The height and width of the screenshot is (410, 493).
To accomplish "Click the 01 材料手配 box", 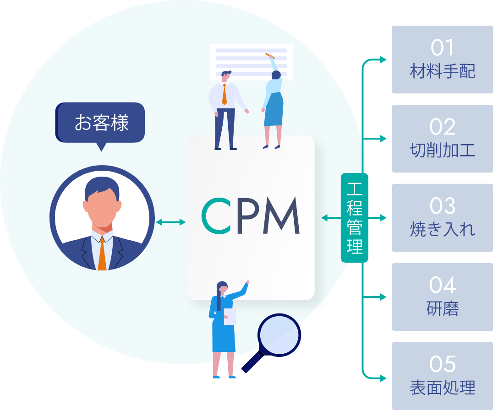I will click(442, 60).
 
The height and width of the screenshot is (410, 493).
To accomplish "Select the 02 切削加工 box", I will click(442, 139).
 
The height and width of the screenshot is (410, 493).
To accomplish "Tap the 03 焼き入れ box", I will click(442, 218).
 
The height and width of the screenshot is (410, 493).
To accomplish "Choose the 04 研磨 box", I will click(442, 297).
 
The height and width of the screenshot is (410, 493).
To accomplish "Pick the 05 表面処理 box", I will click(442, 376).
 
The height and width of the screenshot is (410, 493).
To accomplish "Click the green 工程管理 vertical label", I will click(355, 218).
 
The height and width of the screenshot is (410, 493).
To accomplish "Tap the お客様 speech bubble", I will click(100, 123).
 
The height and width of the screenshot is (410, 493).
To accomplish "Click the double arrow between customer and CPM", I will click(170, 222).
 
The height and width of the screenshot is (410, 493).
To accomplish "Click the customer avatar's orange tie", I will click(102, 254).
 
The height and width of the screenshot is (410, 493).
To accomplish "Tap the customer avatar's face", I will click(102, 208).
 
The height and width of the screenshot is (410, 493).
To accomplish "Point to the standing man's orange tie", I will click(224, 94).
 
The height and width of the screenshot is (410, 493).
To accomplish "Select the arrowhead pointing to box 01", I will click(384, 59).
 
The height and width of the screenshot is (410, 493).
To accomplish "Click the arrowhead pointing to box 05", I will click(384, 378).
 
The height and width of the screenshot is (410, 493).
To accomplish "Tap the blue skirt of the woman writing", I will click(274, 110).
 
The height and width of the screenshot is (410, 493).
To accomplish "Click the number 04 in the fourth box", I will click(442, 286).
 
